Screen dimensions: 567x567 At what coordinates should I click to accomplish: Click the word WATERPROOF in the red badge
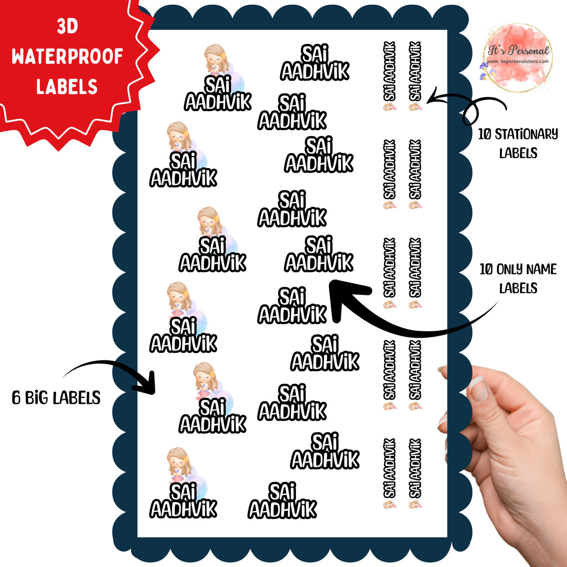tap(67, 56)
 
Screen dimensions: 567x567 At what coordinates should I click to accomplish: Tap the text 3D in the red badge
tap(67, 26)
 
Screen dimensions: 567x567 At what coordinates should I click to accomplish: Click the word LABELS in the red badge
tap(67, 86)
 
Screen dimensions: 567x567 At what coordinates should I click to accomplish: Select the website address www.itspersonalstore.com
tap(518, 62)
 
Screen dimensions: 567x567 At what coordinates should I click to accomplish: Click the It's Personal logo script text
tap(518, 50)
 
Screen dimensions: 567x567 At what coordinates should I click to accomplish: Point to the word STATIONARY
tap(527, 135)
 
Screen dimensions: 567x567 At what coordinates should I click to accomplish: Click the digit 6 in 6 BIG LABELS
tap(16, 398)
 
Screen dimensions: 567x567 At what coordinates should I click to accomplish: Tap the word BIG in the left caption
tap(36, 398)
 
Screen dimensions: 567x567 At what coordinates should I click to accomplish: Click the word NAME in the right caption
tap(541, 269)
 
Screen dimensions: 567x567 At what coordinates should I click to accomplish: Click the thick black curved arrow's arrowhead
tap(343, 297)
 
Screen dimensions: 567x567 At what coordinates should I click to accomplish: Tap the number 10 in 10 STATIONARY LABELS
tap(485, 135)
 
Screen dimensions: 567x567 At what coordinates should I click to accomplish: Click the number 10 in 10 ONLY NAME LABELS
tap(487, 270)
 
